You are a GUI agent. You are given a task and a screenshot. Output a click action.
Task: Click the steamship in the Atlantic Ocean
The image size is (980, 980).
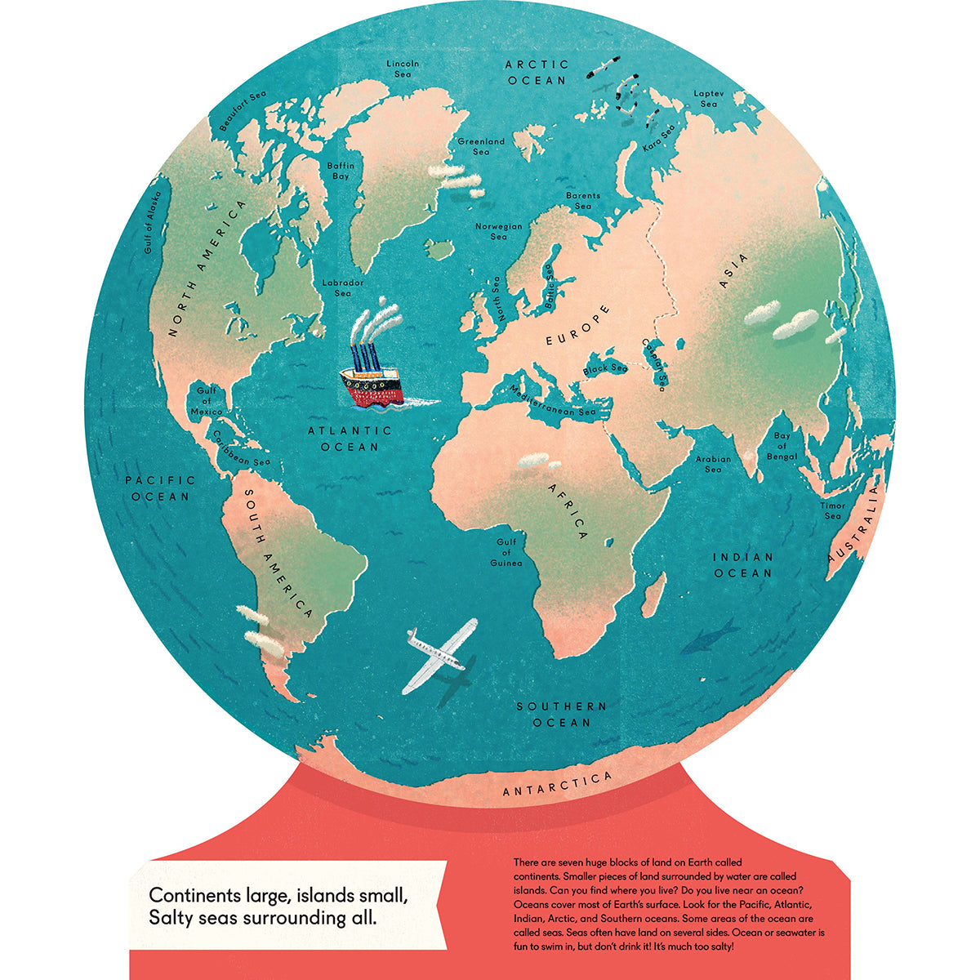(372, 367)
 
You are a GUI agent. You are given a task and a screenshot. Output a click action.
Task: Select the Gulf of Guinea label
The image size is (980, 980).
(506, 552)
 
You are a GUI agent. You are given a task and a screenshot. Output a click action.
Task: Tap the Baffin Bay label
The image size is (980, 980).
(339, 171)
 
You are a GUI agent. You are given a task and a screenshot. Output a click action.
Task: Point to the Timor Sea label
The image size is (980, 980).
(832, 510)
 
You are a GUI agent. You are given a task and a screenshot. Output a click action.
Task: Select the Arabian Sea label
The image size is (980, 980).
(713, 464)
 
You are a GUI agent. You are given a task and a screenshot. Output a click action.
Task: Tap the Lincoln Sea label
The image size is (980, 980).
(403, 69)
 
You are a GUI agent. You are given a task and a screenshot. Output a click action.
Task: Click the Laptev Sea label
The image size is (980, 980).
(708, 99)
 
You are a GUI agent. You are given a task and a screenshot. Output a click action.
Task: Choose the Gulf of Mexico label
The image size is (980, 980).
(205, 401)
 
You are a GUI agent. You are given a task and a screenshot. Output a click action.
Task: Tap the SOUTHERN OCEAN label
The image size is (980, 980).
(561, 714)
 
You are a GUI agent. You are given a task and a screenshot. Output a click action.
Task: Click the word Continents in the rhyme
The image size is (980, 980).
(190, 894)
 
